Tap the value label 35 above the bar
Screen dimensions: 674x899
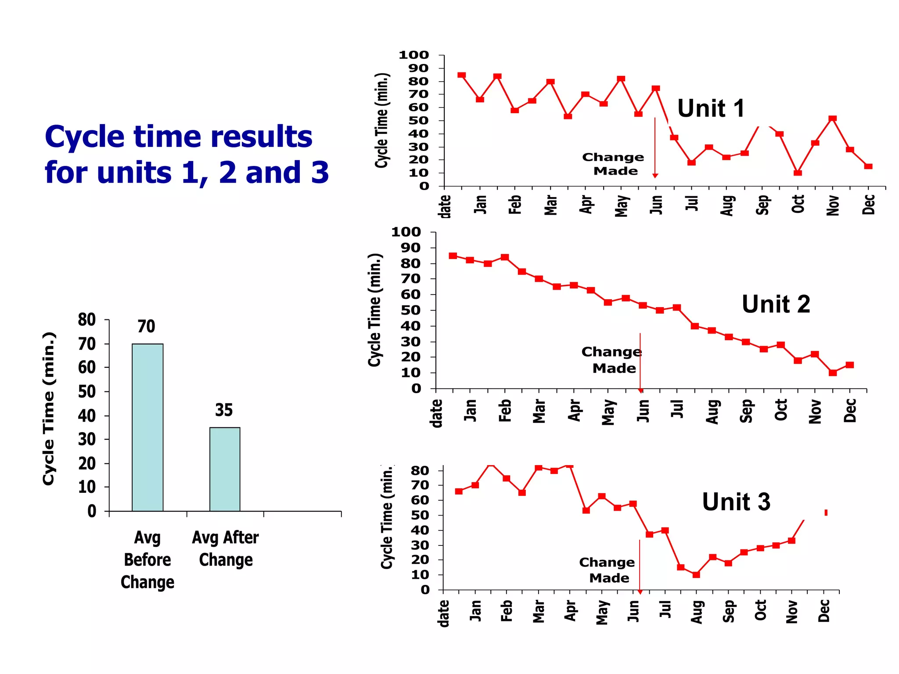224,410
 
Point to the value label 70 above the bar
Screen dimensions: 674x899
146,326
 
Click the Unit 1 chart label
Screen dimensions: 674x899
711,108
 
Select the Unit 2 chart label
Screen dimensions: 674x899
776,304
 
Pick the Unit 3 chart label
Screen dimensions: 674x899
736,502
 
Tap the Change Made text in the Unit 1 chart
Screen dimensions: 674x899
613,164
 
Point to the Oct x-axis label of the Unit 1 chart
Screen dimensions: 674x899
798,204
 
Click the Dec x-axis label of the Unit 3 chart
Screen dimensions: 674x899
823,611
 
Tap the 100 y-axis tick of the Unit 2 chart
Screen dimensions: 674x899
406,232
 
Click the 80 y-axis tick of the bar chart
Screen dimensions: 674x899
86,320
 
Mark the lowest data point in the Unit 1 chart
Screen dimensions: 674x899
798,173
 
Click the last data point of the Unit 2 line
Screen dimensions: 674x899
849,365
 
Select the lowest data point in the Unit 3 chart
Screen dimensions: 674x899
696,574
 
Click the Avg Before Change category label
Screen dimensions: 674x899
147,559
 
